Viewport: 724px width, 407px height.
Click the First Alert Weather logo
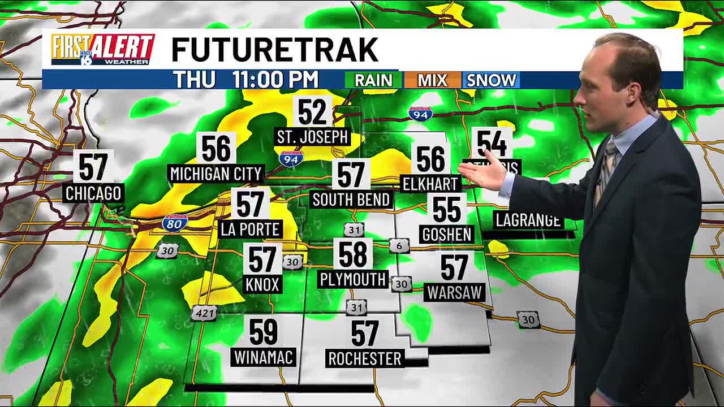(x=102, y=50)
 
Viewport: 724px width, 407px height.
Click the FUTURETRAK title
(x=274, y=50)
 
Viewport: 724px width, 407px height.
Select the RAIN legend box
(x=373, y=80)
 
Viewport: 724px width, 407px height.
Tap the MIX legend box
(x=432, y=80)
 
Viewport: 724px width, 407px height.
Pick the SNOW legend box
(x=491, y=80)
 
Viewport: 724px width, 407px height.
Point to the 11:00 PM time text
(x=275, y=80)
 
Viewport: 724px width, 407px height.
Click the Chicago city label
(x=93, y=193)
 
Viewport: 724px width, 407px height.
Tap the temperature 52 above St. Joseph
(x=312, y=112)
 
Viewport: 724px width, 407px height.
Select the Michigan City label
(x=216, y=174)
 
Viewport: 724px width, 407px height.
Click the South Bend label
(x=351, y=200)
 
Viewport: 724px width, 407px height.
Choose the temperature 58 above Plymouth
(x=353, y=254)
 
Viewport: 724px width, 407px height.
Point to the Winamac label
(x=264, y=357)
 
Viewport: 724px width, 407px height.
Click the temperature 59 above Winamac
(x=264, y=332)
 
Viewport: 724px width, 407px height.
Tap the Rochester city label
(x=365, y=358)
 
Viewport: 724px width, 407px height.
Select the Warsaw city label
(x=455, y=292)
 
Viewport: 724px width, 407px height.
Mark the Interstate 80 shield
(x=175, y=223)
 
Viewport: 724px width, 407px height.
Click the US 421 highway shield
(x=203, y=312)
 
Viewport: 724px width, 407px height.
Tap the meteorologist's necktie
(x=606, y=170)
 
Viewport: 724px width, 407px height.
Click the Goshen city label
(x=447, y=234)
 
